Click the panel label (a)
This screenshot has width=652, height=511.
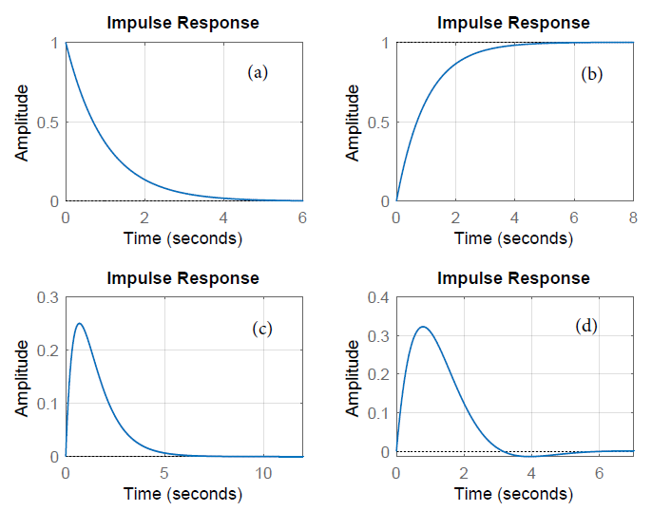tap(257, 72)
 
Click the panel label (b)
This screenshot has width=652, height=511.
tap(591, 74)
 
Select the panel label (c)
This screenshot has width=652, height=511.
tap(262, 330)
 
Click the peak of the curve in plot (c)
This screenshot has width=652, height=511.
tap(80, 324)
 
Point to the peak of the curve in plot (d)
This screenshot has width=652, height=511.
tap(423, 328)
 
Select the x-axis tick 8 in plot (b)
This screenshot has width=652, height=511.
tap(633, 217)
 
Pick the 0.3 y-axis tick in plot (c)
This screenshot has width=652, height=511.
tap(45, 298)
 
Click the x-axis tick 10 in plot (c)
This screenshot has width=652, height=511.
tap(263, 473)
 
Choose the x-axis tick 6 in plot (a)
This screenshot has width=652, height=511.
tap(302, 217)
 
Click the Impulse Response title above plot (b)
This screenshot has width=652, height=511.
tap(513, 23)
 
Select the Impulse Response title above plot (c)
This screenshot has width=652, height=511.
tap(182, 278)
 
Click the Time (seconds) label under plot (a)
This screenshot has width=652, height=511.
tap(182, 237)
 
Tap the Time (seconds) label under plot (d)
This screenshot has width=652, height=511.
tap(513, 494)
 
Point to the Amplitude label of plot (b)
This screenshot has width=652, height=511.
tap(354, 123)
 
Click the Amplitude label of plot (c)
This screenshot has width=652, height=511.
tap(21, 377)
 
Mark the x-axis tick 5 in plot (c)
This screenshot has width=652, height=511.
tap(164, 473)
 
